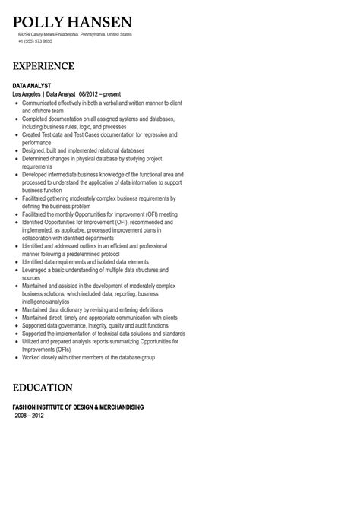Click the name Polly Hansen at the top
pyautogui.click(x=72, y=21)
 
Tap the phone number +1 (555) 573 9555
pyautogui.click(x=35, y=40)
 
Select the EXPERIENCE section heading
pyautogui.click(x=43, y=66)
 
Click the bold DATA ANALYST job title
pyautogui.click(x=33, y=86)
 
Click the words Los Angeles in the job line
pyautogui.click(x=27, y=94)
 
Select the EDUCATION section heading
pyautogui.click(x=43, y=388)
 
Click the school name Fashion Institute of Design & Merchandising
pyautogui.click(x=78, y=407)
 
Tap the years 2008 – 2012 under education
pyautogui.click(x=30, y=416)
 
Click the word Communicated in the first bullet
pyautogui.click(x=42, y=103)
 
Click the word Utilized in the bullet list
pyautogui.click(x=33, y=342)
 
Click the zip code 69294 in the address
pyautogui.click(x=25, y=34)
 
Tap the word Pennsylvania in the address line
pyautogui.click(x=94, y=34)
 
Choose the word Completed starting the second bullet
pyautogui.click(x=36, y=119)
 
